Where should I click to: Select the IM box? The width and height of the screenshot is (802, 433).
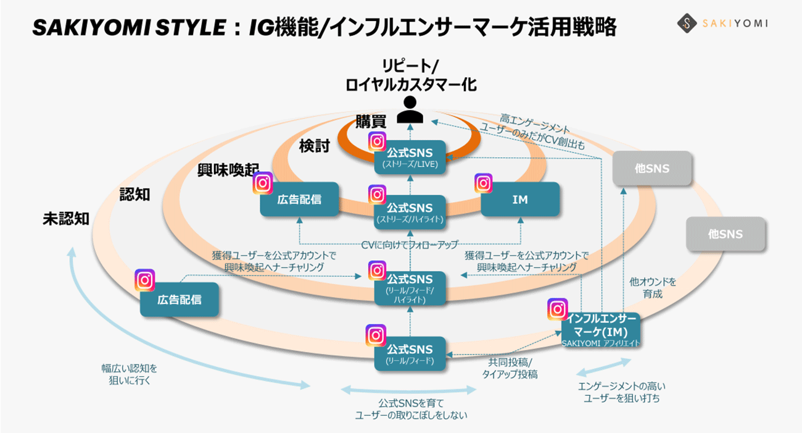coord(520,200)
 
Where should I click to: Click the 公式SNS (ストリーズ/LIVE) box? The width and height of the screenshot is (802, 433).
coord(410,157)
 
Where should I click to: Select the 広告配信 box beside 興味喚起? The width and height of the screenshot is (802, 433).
coord(299,200)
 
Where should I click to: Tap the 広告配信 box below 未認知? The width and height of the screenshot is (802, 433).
coord(180,300)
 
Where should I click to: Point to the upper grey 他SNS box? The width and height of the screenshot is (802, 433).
coord(652,168)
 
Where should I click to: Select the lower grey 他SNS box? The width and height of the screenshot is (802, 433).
coord(726,235)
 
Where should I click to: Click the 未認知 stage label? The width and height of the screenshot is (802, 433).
coord(66,219)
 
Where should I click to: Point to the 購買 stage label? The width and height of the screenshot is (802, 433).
coord(370,122)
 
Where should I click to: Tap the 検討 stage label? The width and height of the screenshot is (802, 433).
coord(315,146)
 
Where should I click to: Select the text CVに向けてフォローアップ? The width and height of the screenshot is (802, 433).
coord(410,245)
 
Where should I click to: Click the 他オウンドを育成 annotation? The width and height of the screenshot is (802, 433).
coord(653,288)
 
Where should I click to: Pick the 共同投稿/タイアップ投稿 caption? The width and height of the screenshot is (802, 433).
coord(513,368)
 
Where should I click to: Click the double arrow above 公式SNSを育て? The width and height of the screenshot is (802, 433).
coord(410,390)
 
